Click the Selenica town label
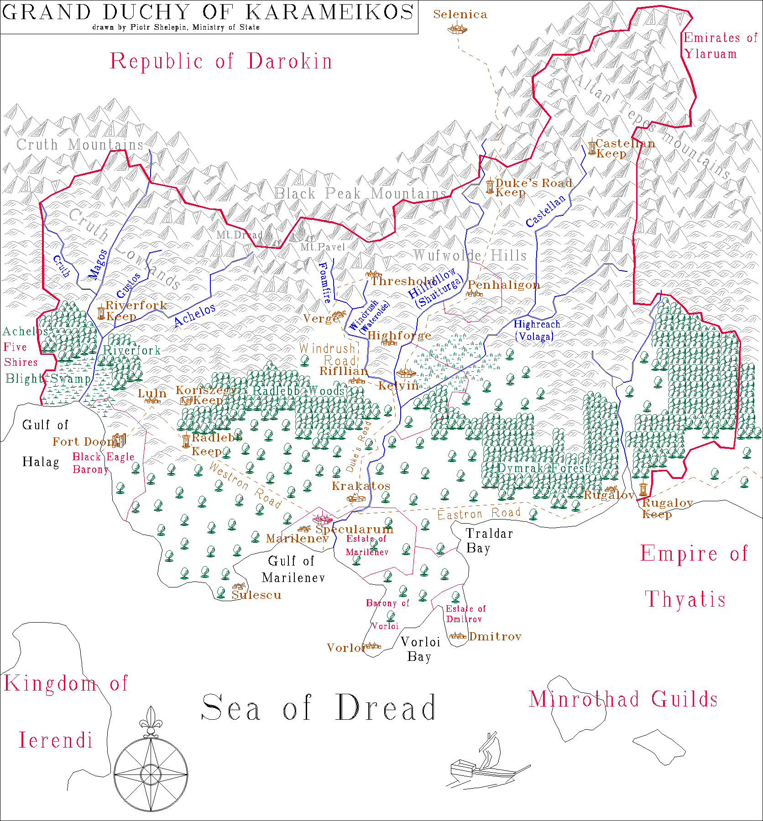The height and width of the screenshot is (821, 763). point(460,15)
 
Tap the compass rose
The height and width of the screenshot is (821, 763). point(151,774)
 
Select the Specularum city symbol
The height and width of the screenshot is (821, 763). point(322,519)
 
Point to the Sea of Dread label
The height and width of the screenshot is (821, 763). point(319,708)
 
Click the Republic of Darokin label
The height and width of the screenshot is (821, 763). point(221,62)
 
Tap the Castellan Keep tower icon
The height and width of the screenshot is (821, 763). point(592,147)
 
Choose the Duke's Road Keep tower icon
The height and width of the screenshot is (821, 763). point(490,186)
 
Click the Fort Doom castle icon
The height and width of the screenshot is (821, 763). point(119,440)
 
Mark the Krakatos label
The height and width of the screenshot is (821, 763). point(361,486)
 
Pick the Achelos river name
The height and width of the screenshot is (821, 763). point(195,315)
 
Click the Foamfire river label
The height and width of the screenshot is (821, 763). point(324,283)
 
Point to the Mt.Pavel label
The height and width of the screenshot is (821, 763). point(322,247)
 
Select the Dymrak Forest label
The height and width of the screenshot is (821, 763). point(543,468)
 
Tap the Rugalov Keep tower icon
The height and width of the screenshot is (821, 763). point(643,490)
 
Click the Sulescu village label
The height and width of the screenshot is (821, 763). point(256,595)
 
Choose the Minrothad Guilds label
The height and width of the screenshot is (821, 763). point(623,699)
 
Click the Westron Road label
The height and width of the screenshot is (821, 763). point(245,485)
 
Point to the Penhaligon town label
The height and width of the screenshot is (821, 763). point(504,285)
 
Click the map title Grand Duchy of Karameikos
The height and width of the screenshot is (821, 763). point(208,12)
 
